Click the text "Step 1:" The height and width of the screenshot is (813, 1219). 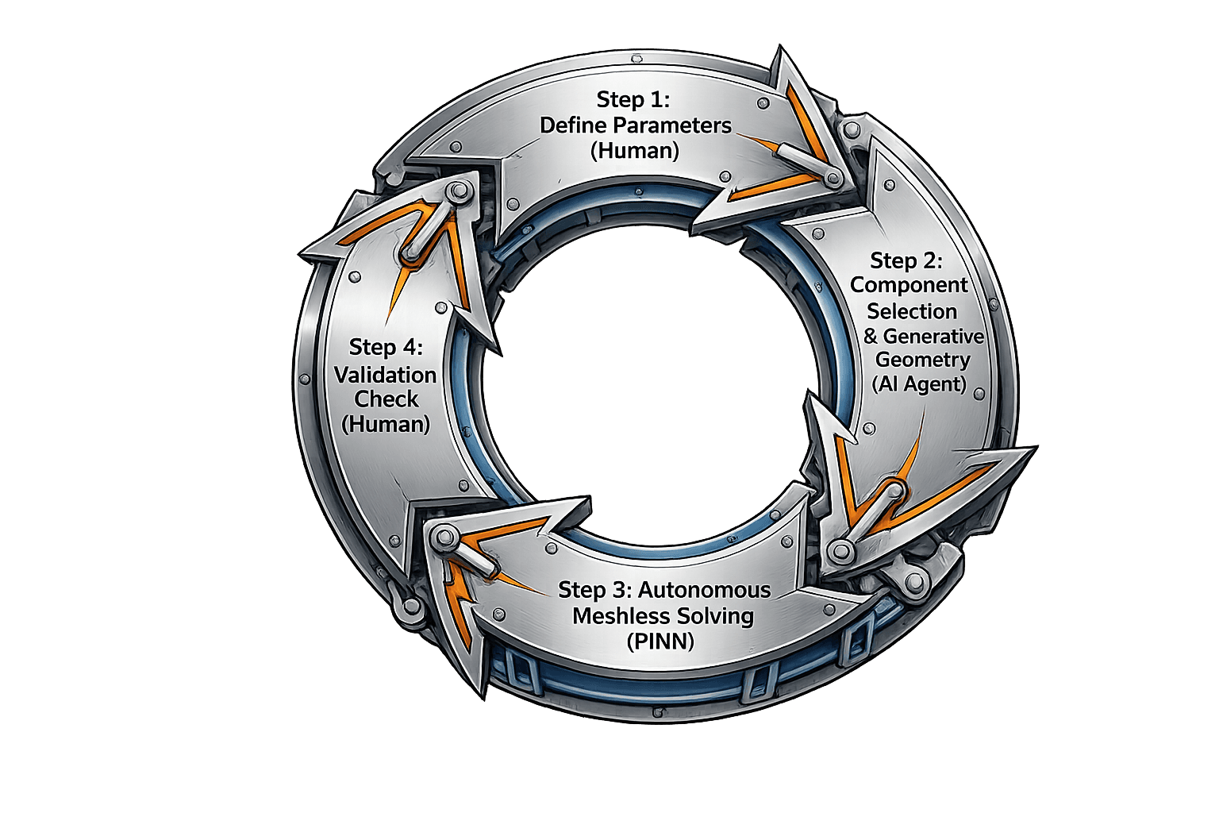click(633, 100)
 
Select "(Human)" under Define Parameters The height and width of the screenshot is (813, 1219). click(634, 150)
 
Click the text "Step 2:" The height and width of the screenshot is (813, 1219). click(906, 260)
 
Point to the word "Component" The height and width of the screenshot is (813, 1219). click(909, 285)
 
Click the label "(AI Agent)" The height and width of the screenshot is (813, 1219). click(920, 384)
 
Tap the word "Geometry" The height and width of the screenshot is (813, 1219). click(923, 360)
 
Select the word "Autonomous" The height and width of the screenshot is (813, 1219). click(704, 590)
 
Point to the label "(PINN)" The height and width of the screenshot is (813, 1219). click(660, 641)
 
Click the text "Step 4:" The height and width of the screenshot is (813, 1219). click(386, 347)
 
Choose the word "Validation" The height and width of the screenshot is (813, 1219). click(386, 374)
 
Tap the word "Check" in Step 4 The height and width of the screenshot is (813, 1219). click(386, 399)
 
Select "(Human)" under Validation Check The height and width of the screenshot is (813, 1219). click(386, 423)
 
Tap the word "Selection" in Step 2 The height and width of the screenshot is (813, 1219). click(912, 310)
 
